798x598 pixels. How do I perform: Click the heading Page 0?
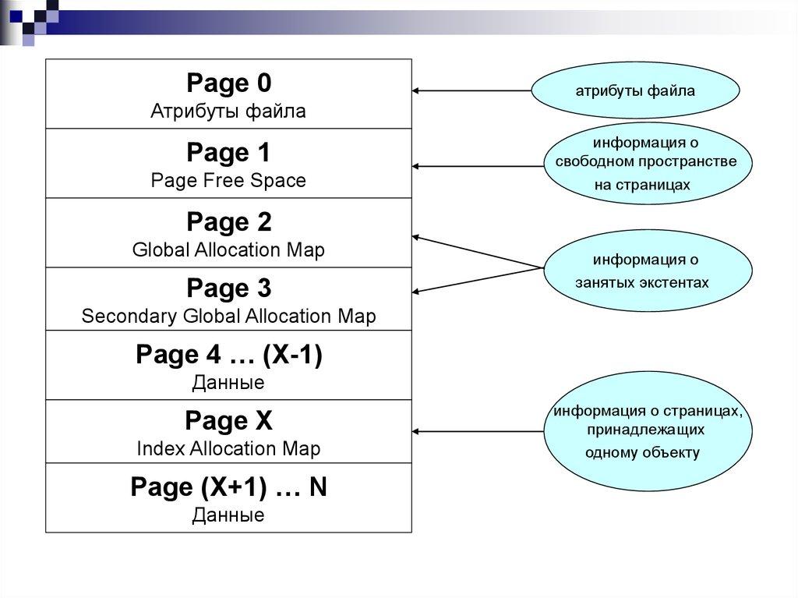[x=228, y=83]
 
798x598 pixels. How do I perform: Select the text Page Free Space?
[x=228, y=181]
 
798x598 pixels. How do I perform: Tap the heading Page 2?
[x=228, y=222]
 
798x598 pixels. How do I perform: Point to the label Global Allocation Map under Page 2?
[x=228, y=250]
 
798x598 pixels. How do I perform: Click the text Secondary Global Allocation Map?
[x=228, y=317]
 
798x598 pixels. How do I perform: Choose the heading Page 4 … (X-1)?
[x=228, y=356]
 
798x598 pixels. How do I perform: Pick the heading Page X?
[x=228, y=422]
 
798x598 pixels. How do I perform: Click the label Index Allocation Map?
[x=228, y=449]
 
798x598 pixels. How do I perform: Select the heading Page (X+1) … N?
[x=228, y=488]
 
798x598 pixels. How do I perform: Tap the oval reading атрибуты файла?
[x=635, y=91]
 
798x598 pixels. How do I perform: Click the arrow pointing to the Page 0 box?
[x=471, y=91]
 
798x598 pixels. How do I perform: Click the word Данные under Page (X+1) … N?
[x=228, y=515]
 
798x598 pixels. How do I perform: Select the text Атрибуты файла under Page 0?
[x=228, y=111]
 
